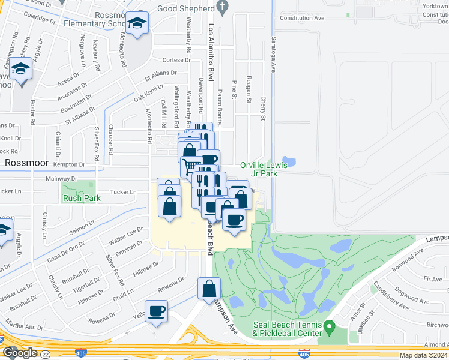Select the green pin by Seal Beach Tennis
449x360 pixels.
[328, 327]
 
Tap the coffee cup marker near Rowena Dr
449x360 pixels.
[156, 311]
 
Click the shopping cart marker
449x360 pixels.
[191, 166]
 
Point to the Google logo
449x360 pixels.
[20, 353]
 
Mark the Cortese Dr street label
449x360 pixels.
[176, 60]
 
